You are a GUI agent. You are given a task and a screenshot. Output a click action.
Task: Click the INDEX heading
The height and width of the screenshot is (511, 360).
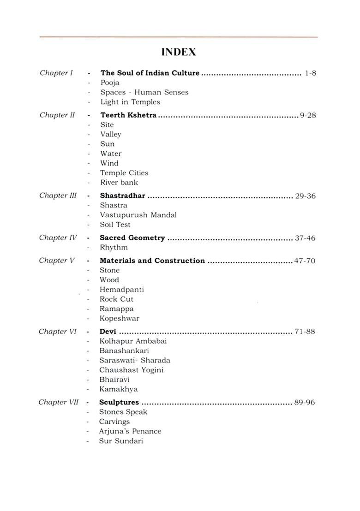point(179,53)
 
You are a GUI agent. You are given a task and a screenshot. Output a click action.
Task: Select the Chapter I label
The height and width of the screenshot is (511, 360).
point(56,73)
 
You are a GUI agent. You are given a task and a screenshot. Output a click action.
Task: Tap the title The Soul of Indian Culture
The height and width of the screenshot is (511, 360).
point(150,73)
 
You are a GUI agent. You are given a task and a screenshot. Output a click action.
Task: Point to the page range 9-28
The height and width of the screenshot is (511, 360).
point(308,115)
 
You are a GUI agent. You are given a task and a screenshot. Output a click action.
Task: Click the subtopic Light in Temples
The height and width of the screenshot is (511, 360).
point(130,102)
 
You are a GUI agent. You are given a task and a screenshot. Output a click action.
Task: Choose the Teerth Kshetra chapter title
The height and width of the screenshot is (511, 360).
point(128,115)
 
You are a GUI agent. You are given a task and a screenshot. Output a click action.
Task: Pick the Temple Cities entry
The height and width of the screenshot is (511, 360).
point(124,173)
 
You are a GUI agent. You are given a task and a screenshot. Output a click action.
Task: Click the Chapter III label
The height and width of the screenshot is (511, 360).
point(58,196)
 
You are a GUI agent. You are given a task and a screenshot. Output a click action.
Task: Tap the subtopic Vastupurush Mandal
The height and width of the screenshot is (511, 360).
point(138,215)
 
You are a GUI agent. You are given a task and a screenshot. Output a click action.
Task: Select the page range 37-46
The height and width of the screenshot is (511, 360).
point(305,238)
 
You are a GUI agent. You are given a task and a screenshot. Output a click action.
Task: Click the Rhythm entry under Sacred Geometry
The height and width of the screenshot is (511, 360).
point(114,248)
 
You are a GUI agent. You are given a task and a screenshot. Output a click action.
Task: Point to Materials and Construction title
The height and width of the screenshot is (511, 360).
point(152,261)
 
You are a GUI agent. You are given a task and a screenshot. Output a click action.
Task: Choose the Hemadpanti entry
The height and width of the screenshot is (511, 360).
point(122,290)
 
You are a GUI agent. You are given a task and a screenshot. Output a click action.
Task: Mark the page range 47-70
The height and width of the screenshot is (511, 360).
point(305,261)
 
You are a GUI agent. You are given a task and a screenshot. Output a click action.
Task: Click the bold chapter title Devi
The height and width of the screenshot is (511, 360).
point(108,332)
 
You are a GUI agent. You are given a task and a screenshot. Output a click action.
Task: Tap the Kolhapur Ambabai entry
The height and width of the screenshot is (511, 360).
point(133,341)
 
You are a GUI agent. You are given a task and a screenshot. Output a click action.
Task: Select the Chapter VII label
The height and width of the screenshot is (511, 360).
point(59,402)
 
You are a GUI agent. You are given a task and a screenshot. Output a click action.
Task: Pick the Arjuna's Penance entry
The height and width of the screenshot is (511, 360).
point(130,431)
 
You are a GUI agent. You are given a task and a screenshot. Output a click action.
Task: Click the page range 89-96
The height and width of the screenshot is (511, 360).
point(305,403)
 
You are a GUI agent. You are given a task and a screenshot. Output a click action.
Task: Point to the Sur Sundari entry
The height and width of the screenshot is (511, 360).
point(121,441)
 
